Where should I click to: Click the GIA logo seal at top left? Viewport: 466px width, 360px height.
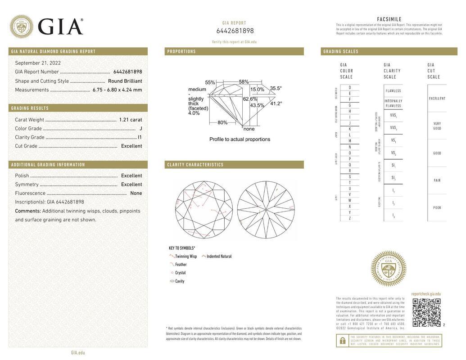point(21,27)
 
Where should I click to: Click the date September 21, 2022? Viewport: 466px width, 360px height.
point(38,63)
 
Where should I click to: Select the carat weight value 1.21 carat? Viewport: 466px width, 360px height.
point(130,120)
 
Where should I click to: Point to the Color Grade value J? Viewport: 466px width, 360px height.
point(140,129)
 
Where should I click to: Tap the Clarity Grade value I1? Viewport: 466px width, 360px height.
point(140,137)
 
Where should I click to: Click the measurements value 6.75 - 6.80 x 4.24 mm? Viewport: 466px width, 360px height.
point(117,90)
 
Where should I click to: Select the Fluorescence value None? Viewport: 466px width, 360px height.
point(136,193)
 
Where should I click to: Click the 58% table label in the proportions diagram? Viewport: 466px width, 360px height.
point(244,82)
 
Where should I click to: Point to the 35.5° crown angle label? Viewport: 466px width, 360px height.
point(276,89)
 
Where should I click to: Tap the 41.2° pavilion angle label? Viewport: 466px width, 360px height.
point(276,103)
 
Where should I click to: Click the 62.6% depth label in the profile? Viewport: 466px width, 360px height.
point(250,99)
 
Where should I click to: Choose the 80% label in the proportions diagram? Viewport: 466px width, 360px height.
point(222,122)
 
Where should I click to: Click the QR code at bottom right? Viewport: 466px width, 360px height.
point(426,312)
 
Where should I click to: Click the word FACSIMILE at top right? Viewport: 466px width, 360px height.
point(389,19)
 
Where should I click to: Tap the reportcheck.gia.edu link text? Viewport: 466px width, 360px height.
point(426,294)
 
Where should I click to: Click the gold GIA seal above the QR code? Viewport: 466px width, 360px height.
point(388,269)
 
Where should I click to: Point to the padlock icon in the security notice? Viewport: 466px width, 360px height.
point(342,341)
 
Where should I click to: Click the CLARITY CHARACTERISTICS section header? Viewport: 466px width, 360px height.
point(195,165)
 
